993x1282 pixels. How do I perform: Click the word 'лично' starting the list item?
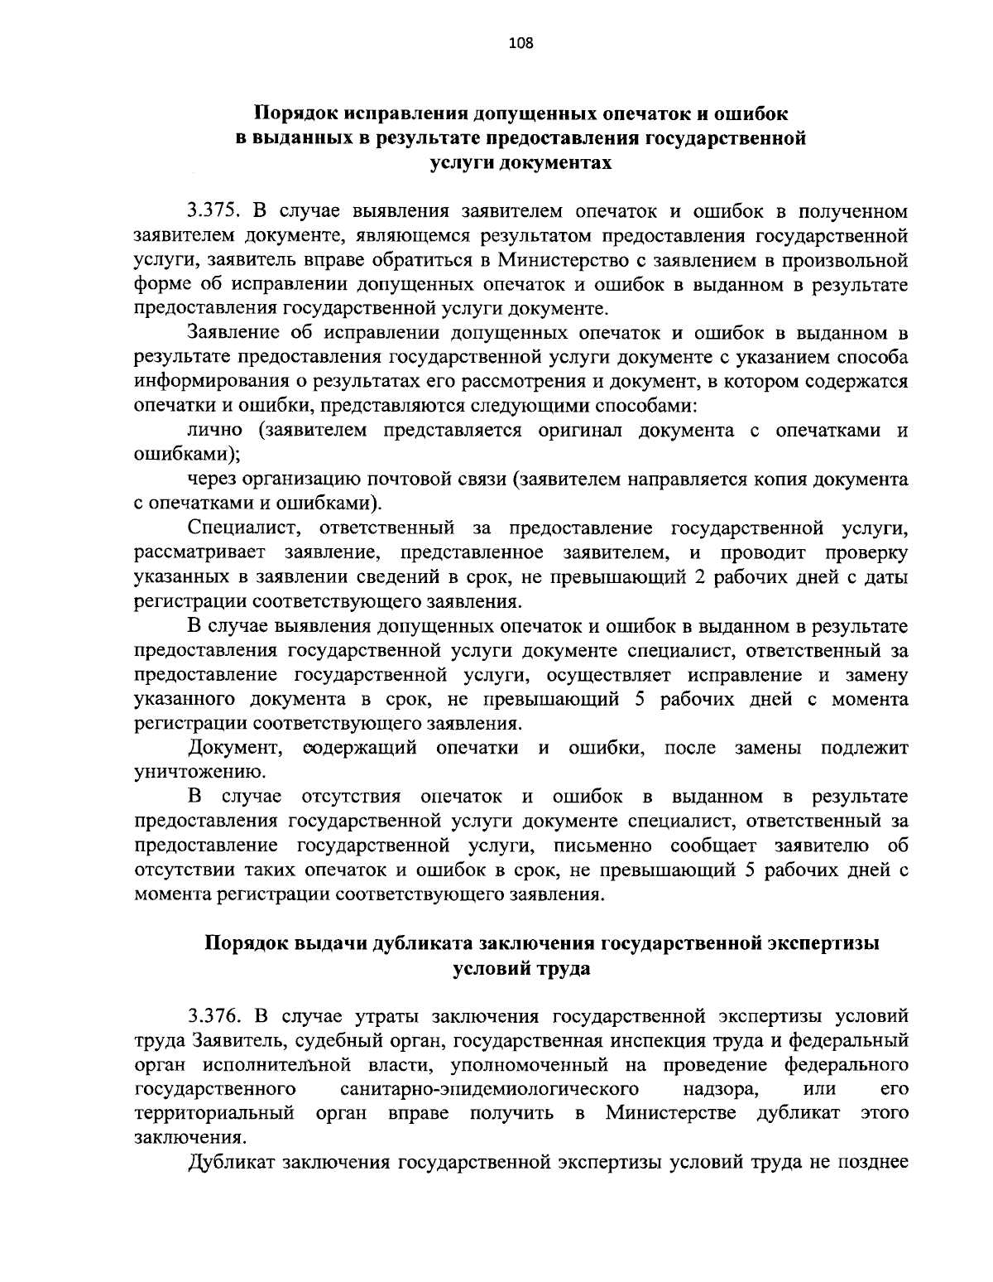215,431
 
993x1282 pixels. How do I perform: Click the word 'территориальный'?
215,1112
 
